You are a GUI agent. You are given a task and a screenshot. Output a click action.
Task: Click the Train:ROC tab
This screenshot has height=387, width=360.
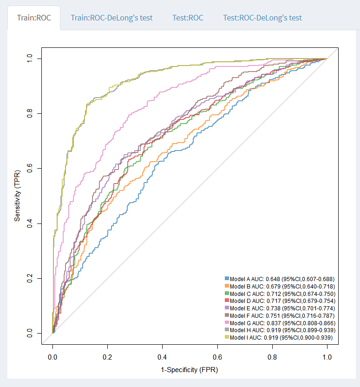[34, 18]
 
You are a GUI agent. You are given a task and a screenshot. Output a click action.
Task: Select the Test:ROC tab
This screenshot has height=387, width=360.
[188, 18]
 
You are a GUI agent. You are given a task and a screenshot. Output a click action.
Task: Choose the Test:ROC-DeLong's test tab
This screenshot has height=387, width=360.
[262, 18]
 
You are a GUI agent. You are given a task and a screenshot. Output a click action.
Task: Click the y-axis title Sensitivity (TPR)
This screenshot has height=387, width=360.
[18, 196]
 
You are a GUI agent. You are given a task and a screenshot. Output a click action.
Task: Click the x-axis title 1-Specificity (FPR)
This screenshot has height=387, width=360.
[190, 370]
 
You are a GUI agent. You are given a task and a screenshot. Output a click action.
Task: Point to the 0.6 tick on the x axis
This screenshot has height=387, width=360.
[217, 358]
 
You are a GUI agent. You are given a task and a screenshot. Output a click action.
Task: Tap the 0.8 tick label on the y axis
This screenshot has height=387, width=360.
[30, 113]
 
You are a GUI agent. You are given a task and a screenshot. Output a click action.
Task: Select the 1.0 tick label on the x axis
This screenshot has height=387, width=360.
[327, 358]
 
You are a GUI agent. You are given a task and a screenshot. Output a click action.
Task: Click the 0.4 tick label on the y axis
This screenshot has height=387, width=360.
[30, 223]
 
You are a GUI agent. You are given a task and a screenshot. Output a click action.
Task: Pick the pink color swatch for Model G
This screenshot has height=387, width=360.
[227, 323]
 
